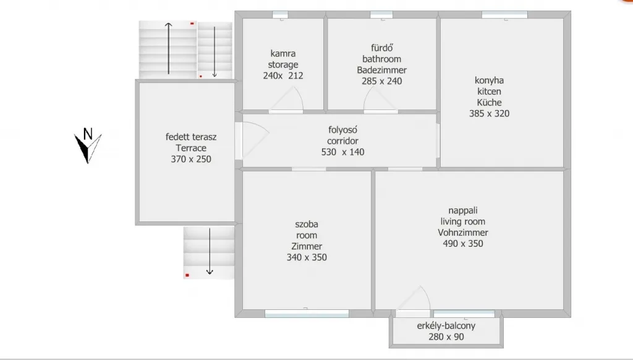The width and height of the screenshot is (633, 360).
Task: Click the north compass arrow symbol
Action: [x=88, y=148]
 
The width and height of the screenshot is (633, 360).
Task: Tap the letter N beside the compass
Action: [x=88, y=134]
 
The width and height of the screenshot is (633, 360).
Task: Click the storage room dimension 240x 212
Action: [x=283, y=75]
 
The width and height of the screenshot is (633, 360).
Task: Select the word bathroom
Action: [x=381, y=59]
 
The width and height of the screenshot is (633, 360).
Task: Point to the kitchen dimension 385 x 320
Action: [x=489, y=114]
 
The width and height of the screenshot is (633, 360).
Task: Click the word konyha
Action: [x=489, y=80]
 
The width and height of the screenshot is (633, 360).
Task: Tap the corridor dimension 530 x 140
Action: [x=342, y=152]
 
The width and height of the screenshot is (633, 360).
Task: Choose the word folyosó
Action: [x=342, y=130]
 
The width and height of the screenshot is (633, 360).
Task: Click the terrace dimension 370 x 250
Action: [x=191, y=159]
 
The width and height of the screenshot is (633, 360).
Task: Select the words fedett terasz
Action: [x=191, y=137]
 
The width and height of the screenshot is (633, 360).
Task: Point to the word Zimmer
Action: [x=307, y=246]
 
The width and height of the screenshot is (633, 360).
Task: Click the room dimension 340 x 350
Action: [x=307, y=257]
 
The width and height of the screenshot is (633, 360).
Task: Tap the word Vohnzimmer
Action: [x=463, y=233]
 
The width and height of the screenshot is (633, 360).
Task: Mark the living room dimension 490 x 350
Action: [x=463, y=244]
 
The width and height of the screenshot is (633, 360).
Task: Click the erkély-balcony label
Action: [x=446, y=325]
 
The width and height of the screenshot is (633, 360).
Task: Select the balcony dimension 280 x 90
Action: [x=446, y=336]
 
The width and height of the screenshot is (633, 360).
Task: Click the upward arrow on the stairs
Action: [x=168, y=48]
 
